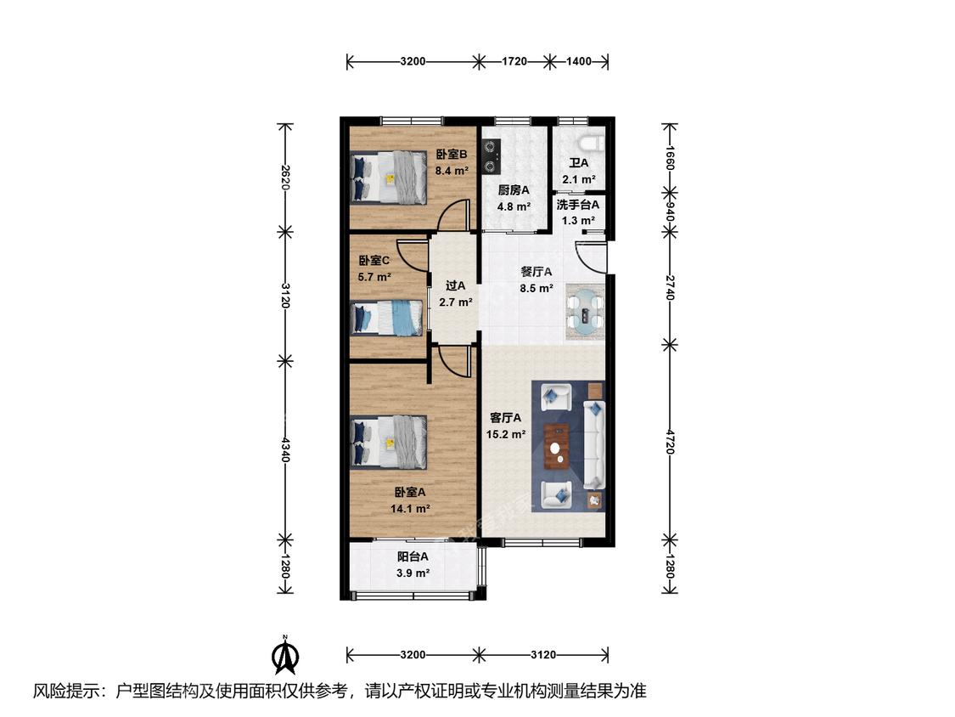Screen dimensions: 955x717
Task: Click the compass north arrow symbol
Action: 284,656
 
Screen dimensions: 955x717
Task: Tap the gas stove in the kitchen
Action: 492,156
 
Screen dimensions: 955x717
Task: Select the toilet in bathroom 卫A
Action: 592,144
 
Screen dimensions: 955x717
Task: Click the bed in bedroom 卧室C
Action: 387,319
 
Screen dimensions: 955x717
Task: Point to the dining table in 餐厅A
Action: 585,312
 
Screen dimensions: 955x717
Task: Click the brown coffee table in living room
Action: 557,447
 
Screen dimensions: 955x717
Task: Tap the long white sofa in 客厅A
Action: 594,444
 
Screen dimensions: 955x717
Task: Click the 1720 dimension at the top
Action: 514,61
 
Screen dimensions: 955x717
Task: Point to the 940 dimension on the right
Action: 670,212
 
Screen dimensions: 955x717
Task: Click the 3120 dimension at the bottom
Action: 542,655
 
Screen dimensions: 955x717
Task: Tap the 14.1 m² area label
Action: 411,509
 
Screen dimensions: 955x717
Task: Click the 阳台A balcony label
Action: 413,556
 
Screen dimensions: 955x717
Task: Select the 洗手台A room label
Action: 578,205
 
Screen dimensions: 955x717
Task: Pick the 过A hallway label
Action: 456,285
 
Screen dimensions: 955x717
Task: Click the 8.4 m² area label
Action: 452,171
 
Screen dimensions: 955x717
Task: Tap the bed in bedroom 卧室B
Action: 389,178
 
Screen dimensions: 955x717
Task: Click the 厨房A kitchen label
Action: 514,190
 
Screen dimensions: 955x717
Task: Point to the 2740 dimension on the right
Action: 670,287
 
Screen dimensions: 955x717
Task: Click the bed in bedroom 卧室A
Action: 389,442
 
